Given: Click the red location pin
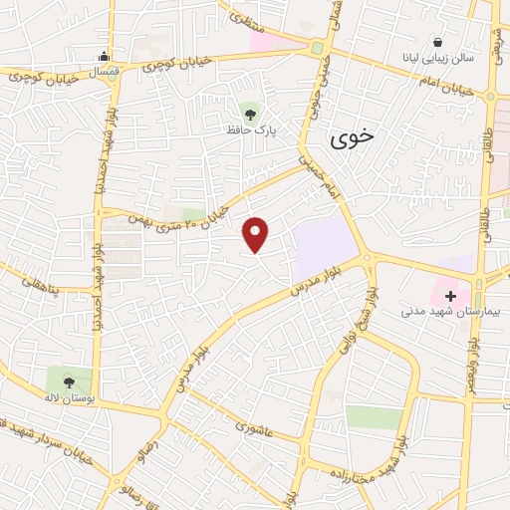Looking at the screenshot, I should click(x=256, y=234).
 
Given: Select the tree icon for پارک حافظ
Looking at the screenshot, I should click(x=248, y=110).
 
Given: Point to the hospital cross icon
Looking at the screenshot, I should click(x=451, y=296).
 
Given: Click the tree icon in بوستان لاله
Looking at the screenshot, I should click(x=69, y=381).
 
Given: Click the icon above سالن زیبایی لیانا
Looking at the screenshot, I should click(x=437, y=42).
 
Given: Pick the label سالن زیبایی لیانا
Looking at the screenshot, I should click(x=439, y=59).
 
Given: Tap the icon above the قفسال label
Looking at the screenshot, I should click(x=105, y=56).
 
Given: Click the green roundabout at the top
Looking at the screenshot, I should click(x=318, y=48).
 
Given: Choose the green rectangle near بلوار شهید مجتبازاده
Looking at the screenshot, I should click(x=375, y=417).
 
